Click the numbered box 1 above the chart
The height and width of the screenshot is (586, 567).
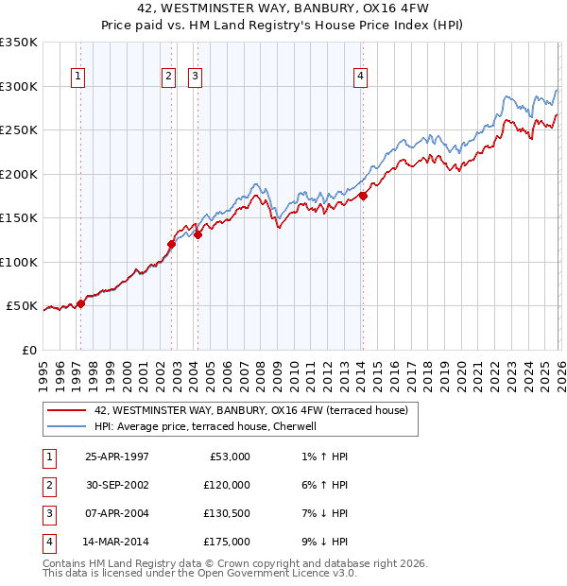[77, 78]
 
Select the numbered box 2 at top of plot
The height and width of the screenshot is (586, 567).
[167, 78]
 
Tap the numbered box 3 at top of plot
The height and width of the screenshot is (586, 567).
[194, 78]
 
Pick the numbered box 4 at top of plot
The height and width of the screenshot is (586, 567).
[360, 78]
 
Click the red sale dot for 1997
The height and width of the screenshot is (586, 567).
[81, 303]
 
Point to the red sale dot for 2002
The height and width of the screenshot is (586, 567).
[172, 245]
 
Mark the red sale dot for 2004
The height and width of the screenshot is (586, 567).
[198, 235]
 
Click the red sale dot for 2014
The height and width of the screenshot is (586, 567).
[363, 197]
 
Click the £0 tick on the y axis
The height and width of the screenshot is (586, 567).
[28, 350]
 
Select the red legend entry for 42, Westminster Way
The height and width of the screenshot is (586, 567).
[250, 410]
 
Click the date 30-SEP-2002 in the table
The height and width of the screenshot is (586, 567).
[117, 485]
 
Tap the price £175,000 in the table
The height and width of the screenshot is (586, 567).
[226, 542]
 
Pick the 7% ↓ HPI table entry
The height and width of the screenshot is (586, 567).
[321, 513]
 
